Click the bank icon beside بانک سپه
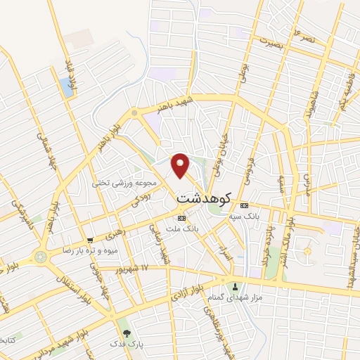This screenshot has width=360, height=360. pos(244,205)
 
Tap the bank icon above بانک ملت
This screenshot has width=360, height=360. pos(181,217)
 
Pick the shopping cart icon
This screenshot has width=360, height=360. pos(89,240)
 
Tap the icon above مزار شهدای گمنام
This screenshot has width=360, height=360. pos(236,287)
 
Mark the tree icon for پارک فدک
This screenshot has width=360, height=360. pos(127,333)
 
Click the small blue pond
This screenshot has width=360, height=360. pos(66,87)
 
